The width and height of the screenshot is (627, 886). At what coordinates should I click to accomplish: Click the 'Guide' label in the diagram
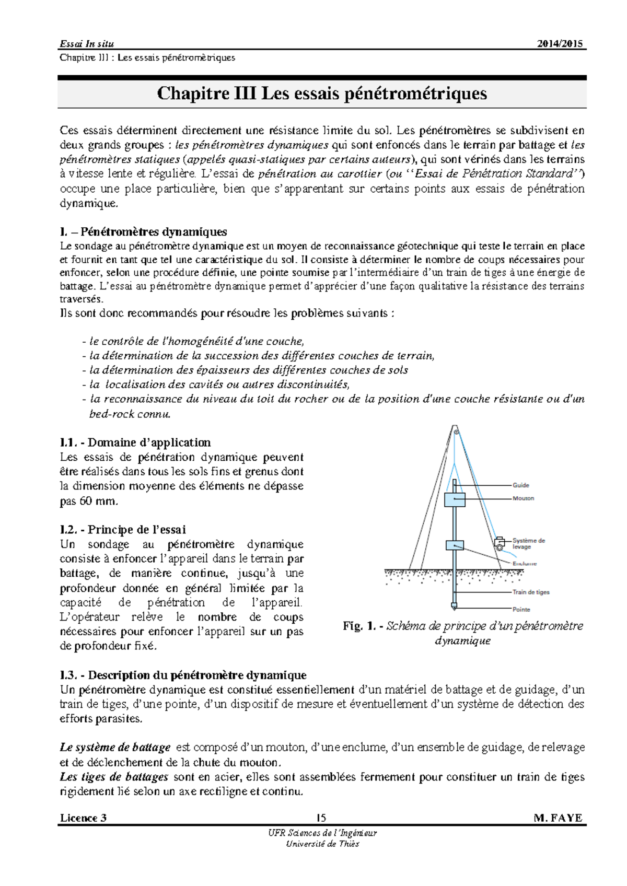520,485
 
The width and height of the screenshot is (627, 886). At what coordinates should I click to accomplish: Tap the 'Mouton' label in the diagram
523,498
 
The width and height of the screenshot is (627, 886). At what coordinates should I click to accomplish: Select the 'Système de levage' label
528,543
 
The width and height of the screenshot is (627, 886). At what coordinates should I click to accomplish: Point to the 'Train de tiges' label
531,592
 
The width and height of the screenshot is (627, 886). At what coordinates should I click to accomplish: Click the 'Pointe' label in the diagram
521,609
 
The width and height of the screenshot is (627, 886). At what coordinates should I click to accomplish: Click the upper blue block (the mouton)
455,499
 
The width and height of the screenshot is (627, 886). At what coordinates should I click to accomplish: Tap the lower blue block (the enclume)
455,545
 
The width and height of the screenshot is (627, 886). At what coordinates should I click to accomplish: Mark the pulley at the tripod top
456,432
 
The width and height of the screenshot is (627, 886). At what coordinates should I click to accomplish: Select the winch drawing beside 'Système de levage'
500,543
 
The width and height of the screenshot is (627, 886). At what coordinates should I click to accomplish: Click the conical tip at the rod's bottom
454,607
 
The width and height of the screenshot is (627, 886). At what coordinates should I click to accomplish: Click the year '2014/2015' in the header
560,44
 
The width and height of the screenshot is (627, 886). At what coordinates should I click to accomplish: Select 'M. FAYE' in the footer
558,818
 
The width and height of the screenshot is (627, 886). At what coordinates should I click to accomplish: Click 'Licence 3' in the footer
84,818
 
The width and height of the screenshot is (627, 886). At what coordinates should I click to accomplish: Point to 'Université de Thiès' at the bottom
322,844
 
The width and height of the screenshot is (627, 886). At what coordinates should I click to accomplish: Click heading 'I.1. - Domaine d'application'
135,442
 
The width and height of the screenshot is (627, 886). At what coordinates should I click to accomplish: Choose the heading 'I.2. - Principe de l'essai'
123,530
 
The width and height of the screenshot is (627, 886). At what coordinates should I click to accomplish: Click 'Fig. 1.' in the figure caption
359,626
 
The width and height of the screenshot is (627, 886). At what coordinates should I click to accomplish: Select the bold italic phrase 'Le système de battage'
115,748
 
